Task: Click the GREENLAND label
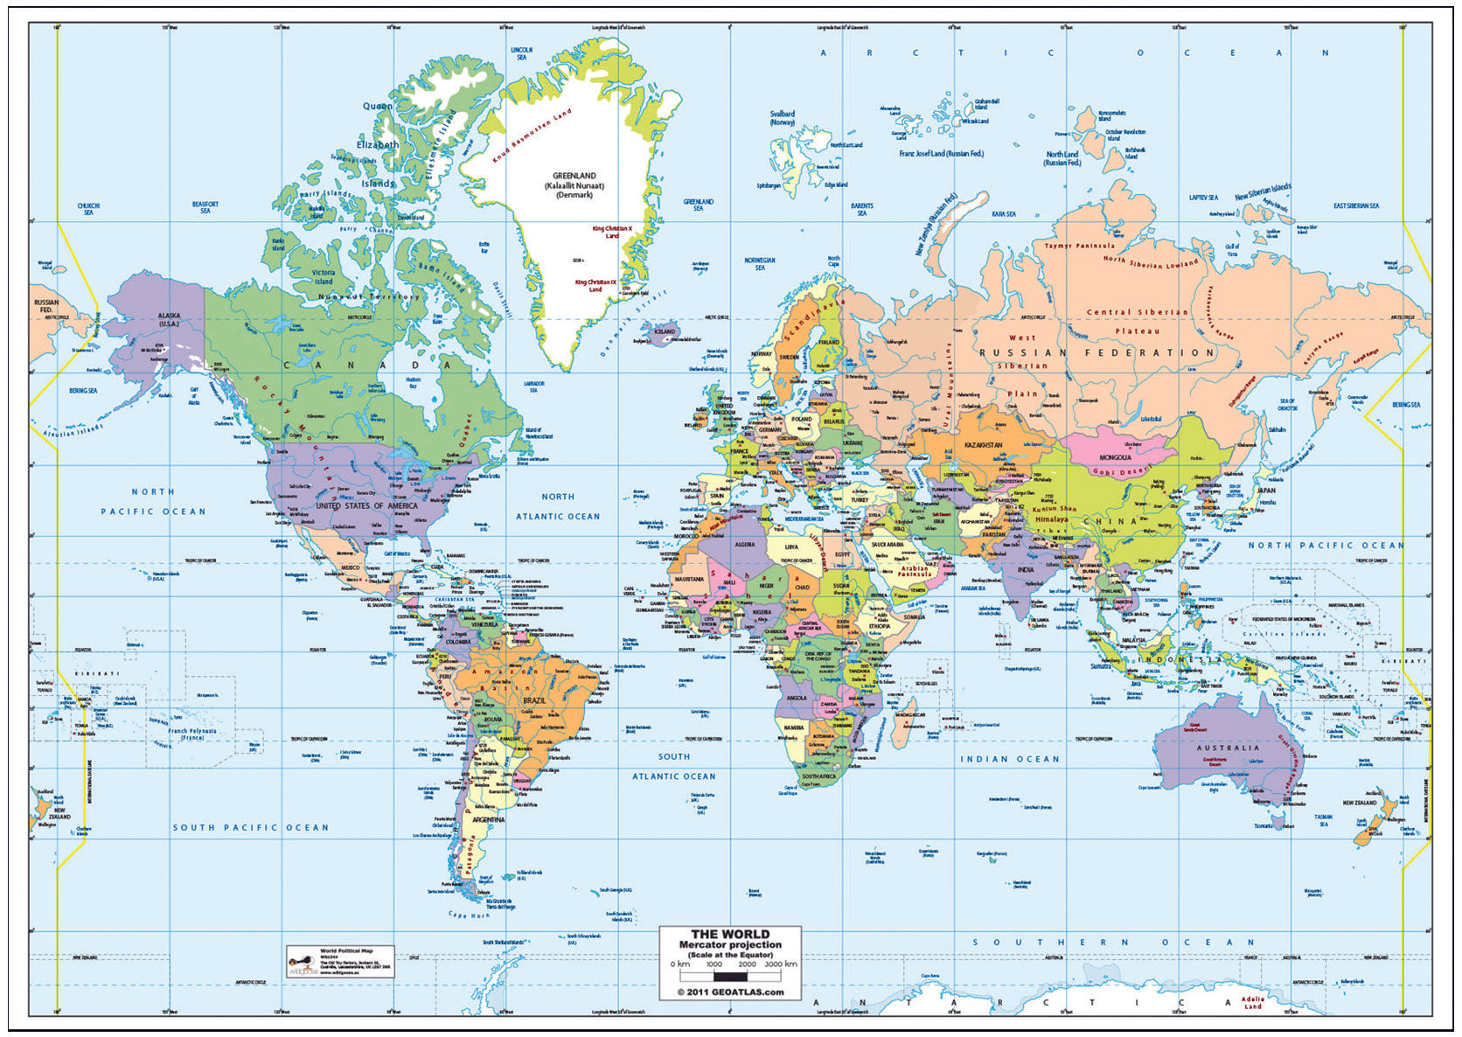pos(574,176)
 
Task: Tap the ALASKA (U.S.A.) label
pos(169,319)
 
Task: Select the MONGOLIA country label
pos(1115,457)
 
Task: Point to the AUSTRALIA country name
pos(1228,748)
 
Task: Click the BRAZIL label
pos(533,700)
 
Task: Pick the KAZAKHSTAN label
pos(984,445)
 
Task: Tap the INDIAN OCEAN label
pos(1010,759)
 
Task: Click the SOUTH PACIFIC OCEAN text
pos(250,827)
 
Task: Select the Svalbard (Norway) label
pos(783,118)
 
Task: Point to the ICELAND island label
pos(665,331)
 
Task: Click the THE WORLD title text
pos(730,934)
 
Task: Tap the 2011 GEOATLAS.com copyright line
pos(730,992)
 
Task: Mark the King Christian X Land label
pos(612,232)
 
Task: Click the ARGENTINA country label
pos(488,819)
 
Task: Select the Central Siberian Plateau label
pos(1138,321)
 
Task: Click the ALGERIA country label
pos(744,544)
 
